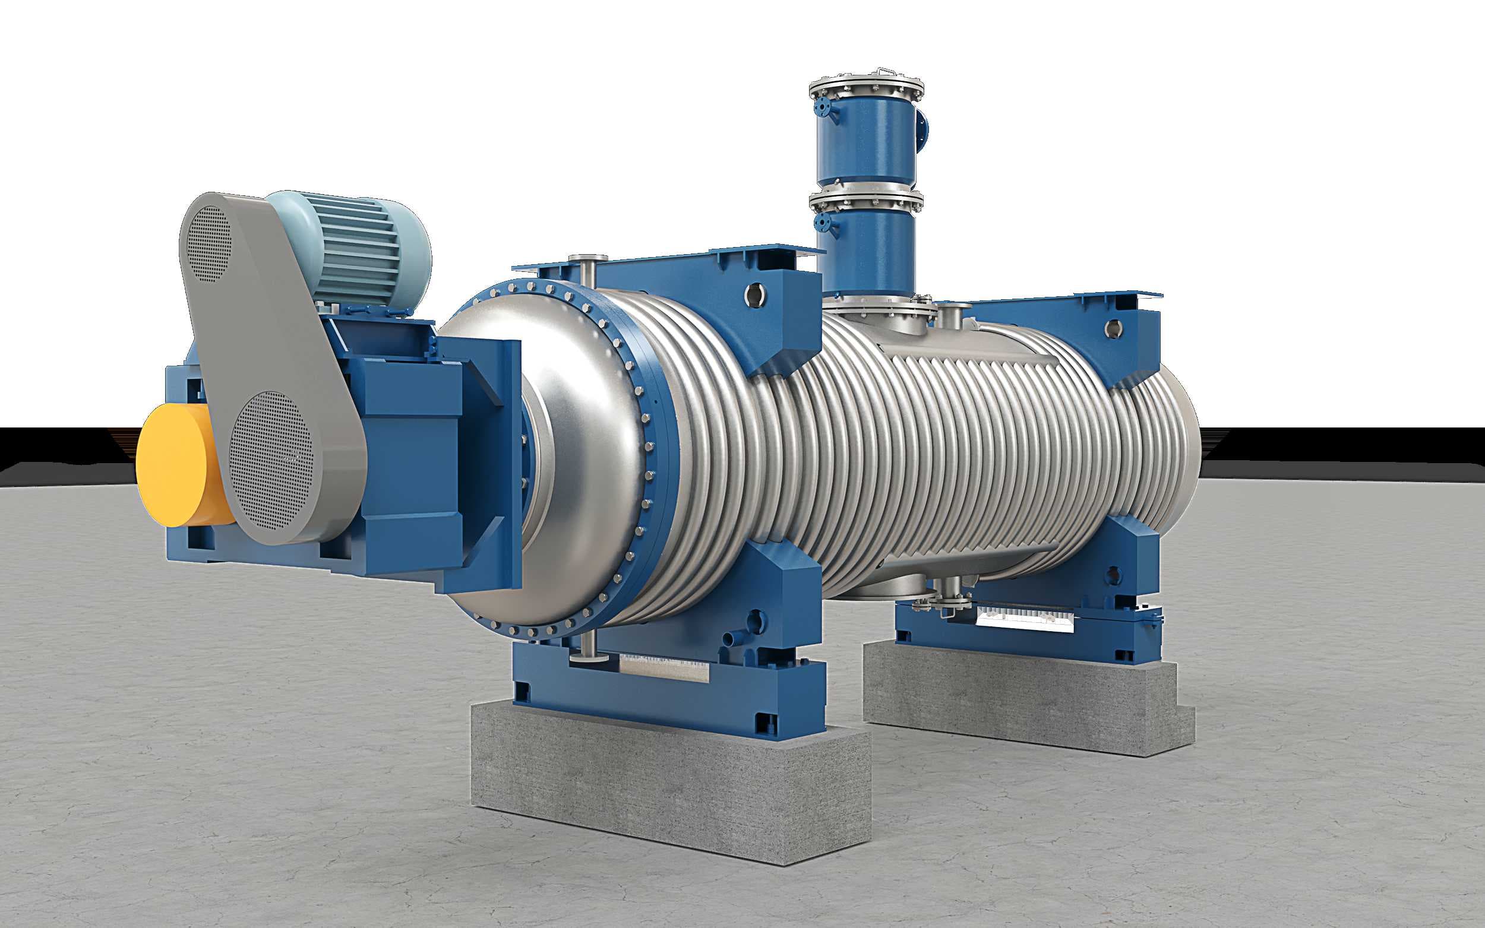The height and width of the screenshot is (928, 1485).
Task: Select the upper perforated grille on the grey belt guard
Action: coord(208,243)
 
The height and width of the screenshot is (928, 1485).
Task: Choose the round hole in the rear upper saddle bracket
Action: coord(1112,328)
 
